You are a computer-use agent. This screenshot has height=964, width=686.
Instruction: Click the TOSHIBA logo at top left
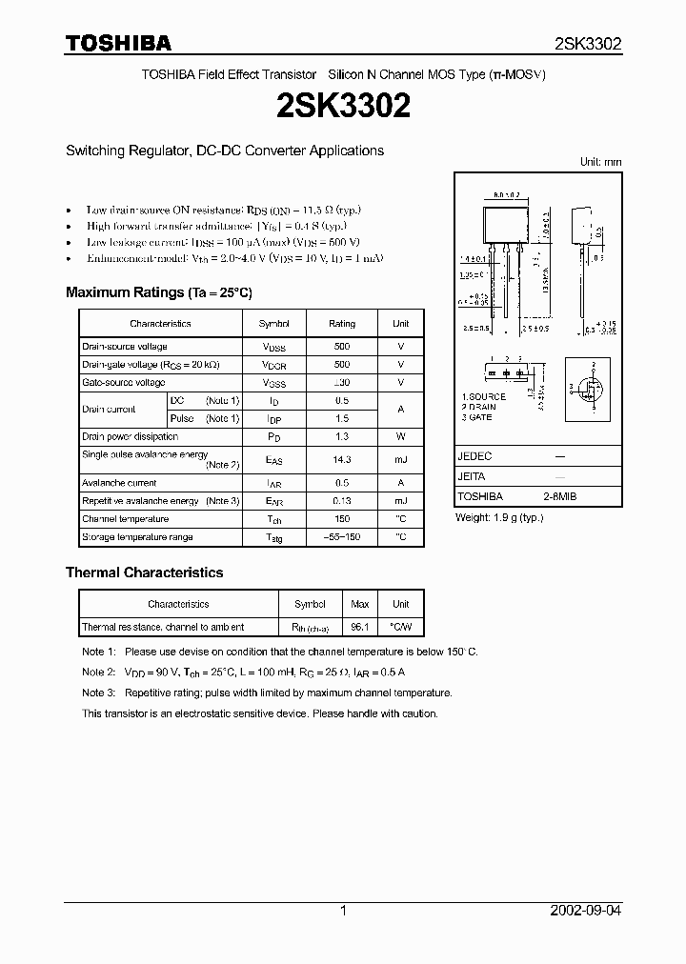click(118, 43)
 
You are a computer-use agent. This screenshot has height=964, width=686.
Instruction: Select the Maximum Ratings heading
click(158, 292)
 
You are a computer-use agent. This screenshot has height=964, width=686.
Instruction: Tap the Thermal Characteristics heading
click(144, 572)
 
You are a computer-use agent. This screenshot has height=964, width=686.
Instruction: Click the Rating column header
click(342, 324)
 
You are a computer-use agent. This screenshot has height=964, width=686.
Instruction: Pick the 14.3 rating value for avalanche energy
click(342, 460)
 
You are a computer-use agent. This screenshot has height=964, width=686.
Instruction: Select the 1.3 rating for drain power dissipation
click(342, 436)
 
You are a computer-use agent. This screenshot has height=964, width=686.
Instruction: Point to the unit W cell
click(401, 436)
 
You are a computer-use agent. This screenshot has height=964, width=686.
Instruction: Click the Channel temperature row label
click(125, 519)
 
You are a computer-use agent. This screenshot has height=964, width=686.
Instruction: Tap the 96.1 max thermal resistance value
click(360, 627)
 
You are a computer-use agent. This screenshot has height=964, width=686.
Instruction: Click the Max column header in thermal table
click(360, 604)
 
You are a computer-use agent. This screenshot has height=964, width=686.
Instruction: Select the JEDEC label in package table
click(474, 456)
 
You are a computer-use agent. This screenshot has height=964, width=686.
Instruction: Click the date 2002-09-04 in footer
click(586, 911)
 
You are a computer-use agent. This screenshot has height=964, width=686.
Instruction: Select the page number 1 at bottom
click(343, 911)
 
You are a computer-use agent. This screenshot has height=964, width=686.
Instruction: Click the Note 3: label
click(98, 693)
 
